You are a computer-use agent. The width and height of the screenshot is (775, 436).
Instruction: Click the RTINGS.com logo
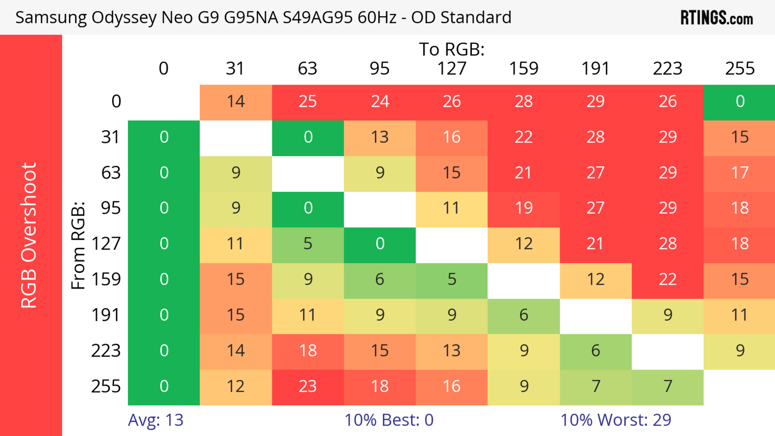717,17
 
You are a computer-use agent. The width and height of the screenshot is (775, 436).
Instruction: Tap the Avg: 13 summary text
156,420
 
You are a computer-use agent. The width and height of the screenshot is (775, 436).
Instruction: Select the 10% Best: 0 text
389,420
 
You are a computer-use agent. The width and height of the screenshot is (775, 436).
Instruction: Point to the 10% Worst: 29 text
616,420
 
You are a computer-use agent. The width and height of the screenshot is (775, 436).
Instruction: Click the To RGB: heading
452,49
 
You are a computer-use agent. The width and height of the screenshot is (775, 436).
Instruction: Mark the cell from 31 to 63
308,137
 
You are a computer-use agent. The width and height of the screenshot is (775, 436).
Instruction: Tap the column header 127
452,69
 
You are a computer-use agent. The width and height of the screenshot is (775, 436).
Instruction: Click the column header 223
668,69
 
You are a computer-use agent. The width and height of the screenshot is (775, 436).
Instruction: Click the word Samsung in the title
51,17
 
